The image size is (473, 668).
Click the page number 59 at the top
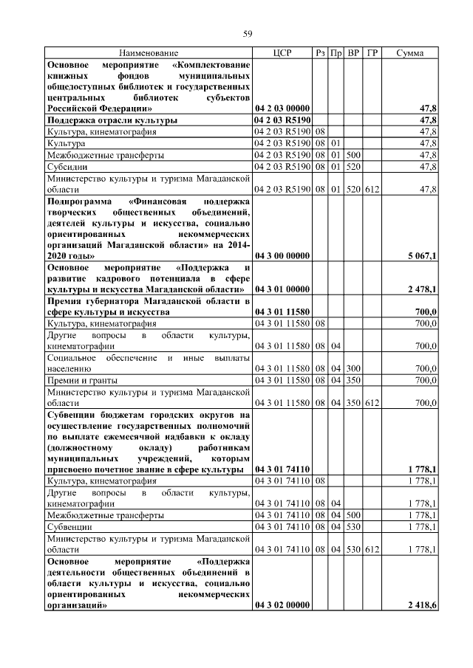pos(248,32)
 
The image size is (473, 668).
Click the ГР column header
pos(373,53)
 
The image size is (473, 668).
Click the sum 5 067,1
pos(421,255)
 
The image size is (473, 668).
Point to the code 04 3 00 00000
pos(282,255)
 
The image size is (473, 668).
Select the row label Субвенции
pos(69,528)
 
